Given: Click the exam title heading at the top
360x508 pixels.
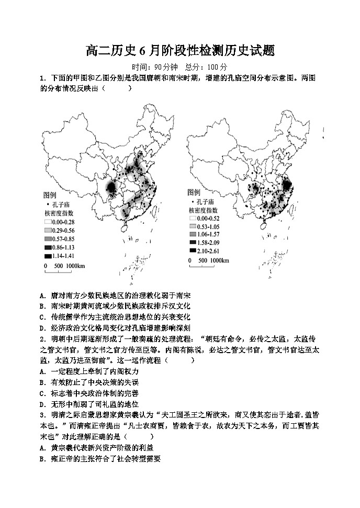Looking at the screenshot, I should (x=180, y=51).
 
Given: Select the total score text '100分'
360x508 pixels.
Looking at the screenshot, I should (x=217, y=67).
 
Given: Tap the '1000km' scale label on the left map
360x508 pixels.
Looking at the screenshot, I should (x=76, y=267).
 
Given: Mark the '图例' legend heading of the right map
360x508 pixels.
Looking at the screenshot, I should (x=194, y=192).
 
